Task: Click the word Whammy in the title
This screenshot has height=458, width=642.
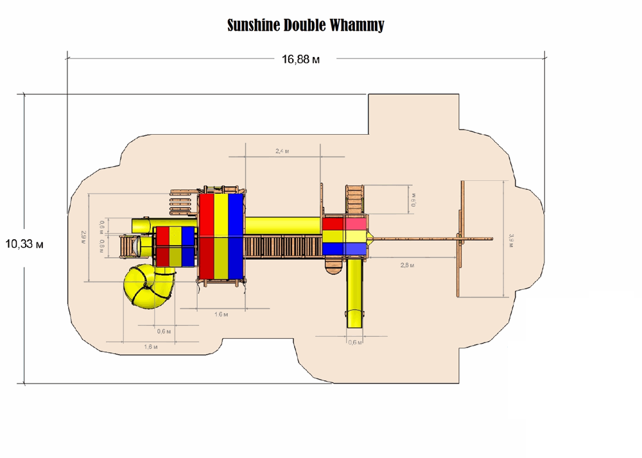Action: pos(357,26)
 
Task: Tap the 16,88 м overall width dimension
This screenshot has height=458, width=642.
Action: pos(300,60)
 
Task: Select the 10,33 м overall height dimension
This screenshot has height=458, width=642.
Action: pos(24,244)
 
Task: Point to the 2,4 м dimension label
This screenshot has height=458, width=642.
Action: pos(282,151)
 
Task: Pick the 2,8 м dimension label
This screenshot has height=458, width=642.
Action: pos(407,265)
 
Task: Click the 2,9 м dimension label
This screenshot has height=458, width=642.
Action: pos(83,237)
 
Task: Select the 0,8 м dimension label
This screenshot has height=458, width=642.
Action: pos(101,246)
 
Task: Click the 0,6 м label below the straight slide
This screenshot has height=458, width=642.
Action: pos(354,342)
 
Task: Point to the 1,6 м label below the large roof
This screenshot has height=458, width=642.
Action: pos(220,315)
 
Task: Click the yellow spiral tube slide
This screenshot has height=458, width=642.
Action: pos(148,288)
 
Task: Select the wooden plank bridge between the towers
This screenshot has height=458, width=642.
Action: pos(282,246)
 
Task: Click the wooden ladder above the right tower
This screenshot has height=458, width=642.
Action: pos(354,200)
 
